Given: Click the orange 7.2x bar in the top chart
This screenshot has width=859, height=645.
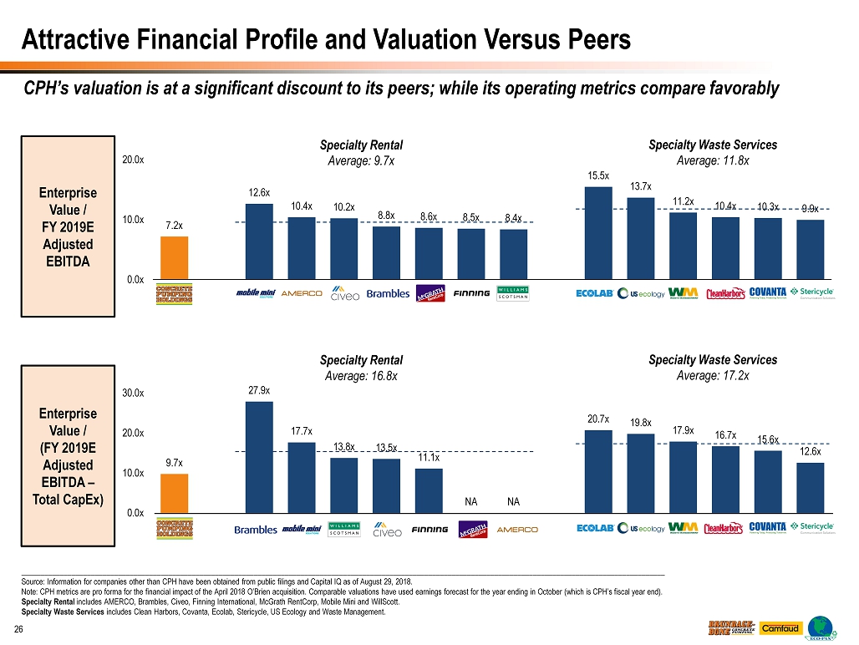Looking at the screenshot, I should pos(174,257).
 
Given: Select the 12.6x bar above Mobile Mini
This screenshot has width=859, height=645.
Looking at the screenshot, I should pos(258,241).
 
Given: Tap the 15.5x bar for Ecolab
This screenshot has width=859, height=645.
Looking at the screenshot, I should pos(598,232).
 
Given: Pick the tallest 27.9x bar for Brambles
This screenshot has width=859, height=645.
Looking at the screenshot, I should pos(258,457).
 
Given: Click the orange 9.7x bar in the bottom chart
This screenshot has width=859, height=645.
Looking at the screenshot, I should pos(174,493).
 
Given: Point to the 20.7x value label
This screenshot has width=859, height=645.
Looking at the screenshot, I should pos(597,419).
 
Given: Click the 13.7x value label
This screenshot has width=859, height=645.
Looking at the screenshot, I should pos(640,186).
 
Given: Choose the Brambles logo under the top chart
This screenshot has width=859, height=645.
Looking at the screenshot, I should pos(388,293).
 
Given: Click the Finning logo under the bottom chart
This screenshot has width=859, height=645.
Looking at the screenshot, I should pos(429,530).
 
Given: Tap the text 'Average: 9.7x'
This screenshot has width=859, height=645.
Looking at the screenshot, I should pos(361,161).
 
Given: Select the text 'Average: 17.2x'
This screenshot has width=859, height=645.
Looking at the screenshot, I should pos(713,376).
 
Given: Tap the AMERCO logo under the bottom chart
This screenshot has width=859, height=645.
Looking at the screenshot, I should pos(517,530).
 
